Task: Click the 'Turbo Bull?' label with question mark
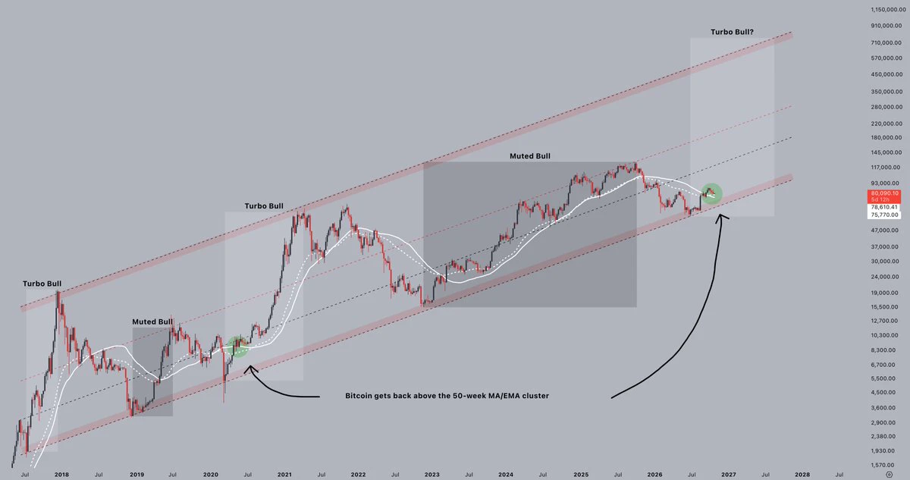pyautogui.click(x=732, y=32)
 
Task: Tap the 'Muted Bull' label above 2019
pyautogui.click(x=152, y=322)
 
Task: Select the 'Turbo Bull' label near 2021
pyautogui.click(x=264, y=206)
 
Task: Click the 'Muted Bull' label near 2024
pyautogui.click(x=530, y=156)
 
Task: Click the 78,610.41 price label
pyautogui.click(x=884, y=207)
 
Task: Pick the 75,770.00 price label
pyautogui.click(x=884, y=215)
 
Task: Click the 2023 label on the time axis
pyautogui.click(x=431, y=475)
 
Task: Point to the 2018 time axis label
pyautogui.click(x=61, y=475)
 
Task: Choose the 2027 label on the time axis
pyautogui.click(x=729, y=475)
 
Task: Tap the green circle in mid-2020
pyautogui.click(x=237, y=347)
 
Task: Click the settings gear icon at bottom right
pyautogui.click(x=889, y=475)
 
